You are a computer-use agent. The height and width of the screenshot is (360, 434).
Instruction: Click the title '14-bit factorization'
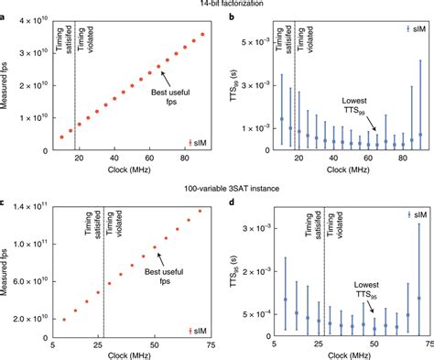(x=217, y=5)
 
